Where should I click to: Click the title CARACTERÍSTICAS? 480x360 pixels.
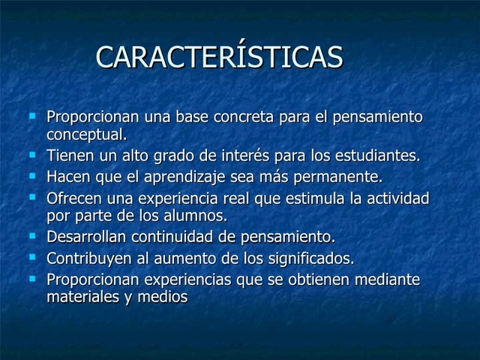(220, 58)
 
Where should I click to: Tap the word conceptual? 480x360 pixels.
(86, 135)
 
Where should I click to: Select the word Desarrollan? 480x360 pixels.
(87, 238)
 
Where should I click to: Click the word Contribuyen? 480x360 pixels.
(88, 259)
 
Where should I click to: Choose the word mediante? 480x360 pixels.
(388, 280)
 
